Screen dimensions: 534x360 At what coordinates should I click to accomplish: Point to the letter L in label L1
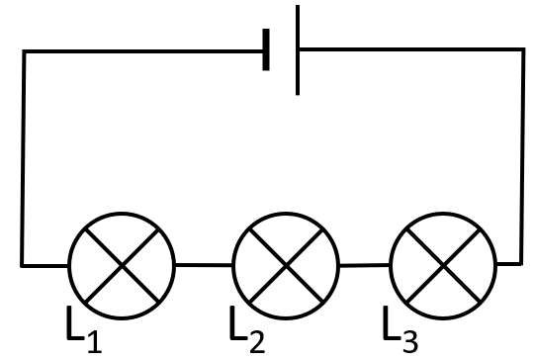pyautogui.click(x=75, y=322)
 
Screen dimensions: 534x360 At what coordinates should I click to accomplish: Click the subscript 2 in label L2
pyautogui.click(x=257, y=342)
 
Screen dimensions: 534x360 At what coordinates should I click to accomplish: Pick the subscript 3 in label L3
pyautogui.click(x=410, y=342)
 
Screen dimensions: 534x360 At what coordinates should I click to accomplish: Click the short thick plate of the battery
pyautogui.click(x=266, y=49)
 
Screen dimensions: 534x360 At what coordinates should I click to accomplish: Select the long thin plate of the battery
pyautogui.click(x=298, y=49)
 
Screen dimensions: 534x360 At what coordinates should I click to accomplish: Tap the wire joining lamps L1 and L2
pyautogui.click(x=204, y=265)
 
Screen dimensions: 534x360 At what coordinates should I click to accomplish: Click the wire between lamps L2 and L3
pyautogui.click(x=365, y=265)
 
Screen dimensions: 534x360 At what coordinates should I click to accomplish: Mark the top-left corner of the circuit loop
pyautogui.click(x=24, y=51)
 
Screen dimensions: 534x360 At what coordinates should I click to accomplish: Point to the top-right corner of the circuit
pyautogui.click(x=523, y=49)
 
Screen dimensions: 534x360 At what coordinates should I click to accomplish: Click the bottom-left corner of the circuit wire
pyautogui.click(x=22, y=265)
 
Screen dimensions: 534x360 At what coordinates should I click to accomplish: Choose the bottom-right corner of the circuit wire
pyautogui.click(x=521, y=264)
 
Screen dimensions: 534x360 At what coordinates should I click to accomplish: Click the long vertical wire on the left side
pyautogui.click(x=23, y=158)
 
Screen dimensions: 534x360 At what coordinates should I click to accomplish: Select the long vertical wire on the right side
pyautogui.click(x=522, y=156)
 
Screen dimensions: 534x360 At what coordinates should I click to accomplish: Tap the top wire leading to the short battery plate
pyautogui.click(x=143, y=51)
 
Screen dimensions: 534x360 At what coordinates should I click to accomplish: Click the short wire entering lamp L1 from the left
pyautogui.click(x=44, y=265)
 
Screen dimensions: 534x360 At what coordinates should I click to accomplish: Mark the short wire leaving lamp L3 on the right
pyautogui.click(x=509, y=264)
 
